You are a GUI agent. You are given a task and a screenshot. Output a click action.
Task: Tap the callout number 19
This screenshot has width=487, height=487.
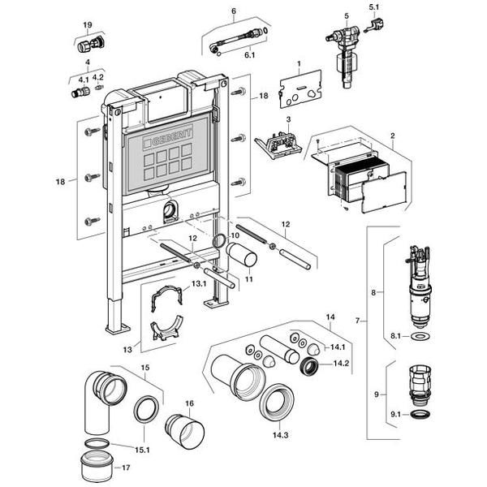click(88, 25)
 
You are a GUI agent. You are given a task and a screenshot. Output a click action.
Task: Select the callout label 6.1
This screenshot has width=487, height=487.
click(249, 55)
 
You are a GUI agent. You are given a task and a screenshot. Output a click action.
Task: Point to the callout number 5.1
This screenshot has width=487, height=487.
click(374, 6)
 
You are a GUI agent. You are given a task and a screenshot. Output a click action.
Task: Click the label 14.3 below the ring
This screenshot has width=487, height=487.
click(281, 435)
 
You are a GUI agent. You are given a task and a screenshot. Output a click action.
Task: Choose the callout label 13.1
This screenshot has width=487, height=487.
click(199, 283)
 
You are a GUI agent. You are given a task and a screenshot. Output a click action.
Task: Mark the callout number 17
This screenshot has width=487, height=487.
click(126, 468)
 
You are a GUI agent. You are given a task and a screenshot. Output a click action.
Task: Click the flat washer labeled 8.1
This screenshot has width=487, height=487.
click(420, 336)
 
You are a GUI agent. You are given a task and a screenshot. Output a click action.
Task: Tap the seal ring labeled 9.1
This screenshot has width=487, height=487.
click(420, 414)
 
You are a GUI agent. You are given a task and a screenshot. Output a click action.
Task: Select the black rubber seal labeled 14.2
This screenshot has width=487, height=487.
click(309, 367)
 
